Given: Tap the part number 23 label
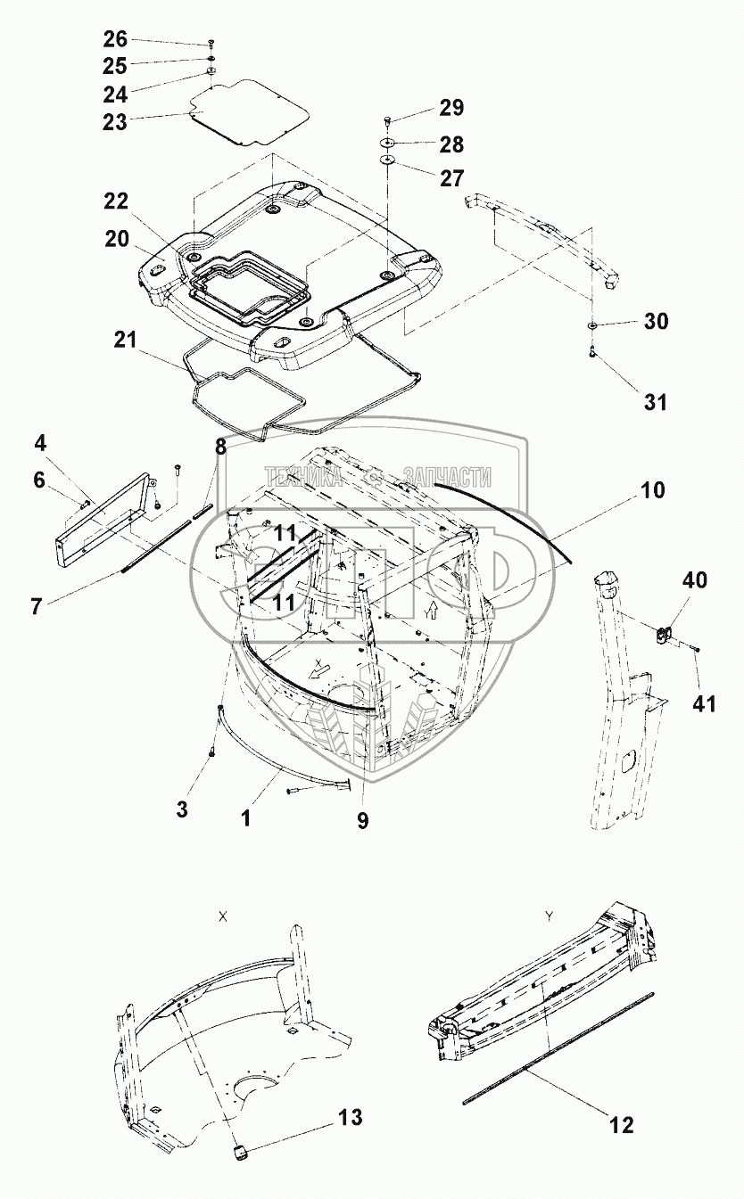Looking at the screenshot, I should (116, 122).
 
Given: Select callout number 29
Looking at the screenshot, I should (451, 108).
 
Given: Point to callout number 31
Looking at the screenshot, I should (656, 402).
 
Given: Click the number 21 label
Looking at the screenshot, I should (128, 341).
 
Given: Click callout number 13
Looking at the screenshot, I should (351, 1117).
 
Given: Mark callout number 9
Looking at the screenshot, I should (362, 820).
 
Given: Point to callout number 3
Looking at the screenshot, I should (182, 809).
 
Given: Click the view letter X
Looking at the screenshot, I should (222, 916).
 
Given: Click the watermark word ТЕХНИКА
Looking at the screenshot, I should (303, 478).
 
